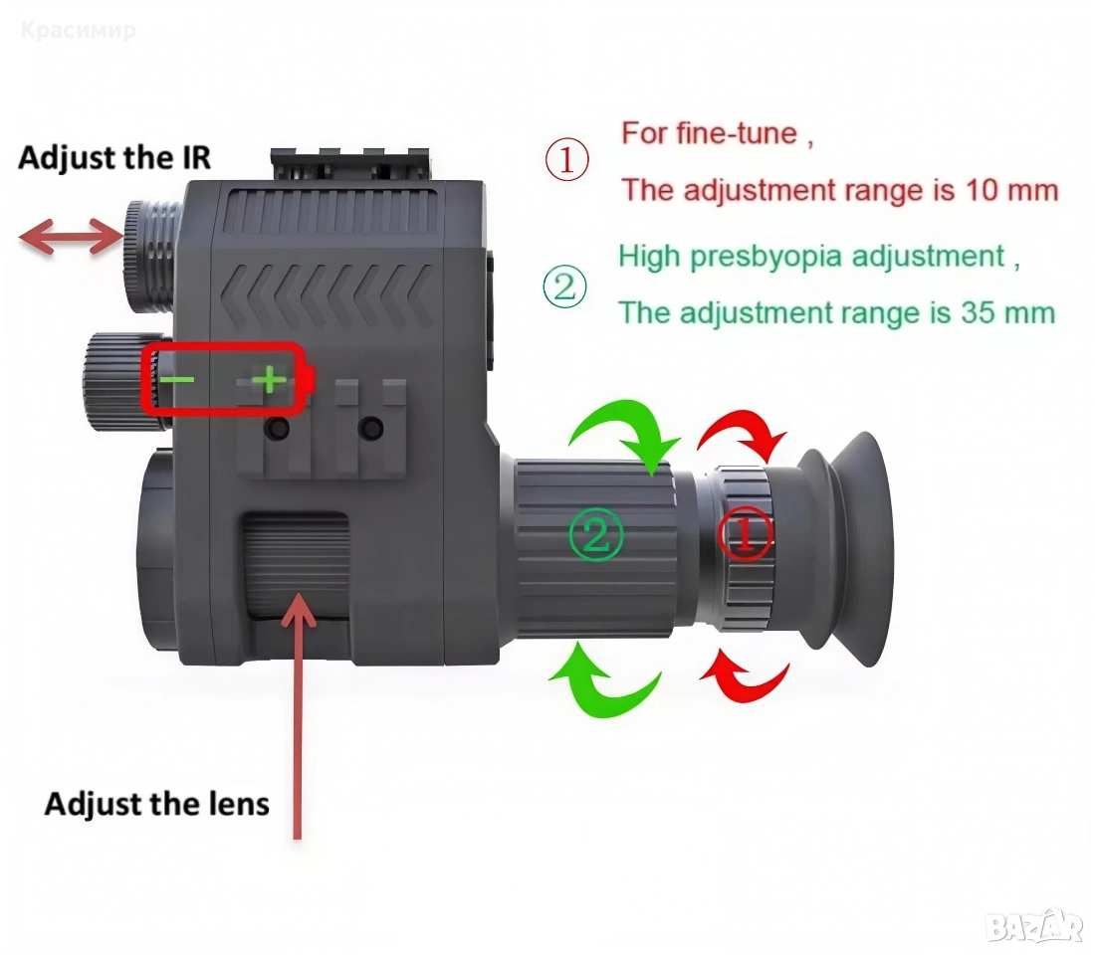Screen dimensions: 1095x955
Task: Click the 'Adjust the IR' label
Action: tap(113, 158)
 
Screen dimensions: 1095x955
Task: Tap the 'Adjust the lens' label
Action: tap(157, 804)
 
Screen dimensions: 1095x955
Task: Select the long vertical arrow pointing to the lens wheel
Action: tap(300, 714)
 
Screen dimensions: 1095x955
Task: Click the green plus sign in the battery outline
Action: tap(269, 380)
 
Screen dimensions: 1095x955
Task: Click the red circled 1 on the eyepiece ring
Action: tap(746, 533)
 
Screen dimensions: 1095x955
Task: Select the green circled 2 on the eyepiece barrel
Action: tap(595, 535)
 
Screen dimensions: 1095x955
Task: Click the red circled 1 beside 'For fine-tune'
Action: tap(567, 160)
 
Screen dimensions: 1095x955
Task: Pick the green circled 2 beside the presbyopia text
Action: tap(565, 286)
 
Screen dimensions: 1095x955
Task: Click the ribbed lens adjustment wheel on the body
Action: tap(295, 564)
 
